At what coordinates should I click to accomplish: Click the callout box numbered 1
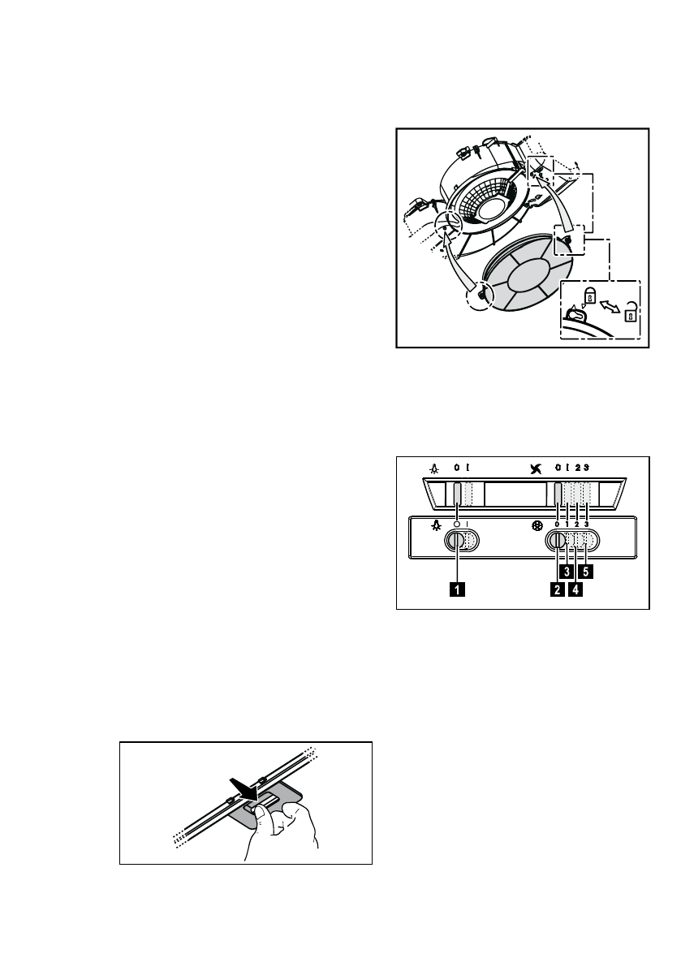point(459,591)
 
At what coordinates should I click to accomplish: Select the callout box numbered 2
point(556,591)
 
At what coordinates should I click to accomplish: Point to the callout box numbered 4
point(575,591)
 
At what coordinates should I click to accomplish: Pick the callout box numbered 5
point(586,571)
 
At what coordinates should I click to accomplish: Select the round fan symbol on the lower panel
point(537,525)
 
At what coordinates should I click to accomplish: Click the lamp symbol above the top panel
point(435,468)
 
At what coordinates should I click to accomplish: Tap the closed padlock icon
point(591,293)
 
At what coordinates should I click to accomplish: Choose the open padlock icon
point(630,312)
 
